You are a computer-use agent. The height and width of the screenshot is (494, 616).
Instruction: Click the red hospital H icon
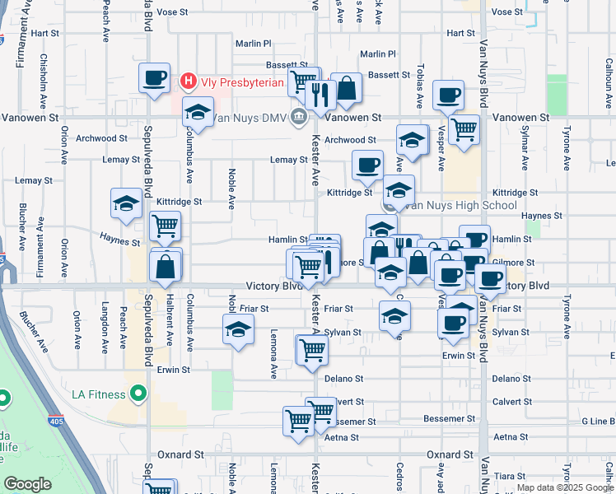(188, 81)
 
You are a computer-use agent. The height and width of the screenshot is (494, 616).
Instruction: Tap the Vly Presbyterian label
(240, 81)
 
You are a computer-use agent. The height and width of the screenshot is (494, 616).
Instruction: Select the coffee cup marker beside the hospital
(154, 79)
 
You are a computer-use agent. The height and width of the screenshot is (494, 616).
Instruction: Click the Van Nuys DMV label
(247, 118)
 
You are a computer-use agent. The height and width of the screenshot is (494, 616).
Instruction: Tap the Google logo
(28, 484)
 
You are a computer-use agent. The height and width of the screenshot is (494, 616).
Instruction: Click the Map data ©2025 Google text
(564, 487)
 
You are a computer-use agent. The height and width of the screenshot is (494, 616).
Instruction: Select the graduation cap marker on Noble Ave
(238, 331)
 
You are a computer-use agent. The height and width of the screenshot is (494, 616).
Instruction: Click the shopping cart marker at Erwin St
(312, 351)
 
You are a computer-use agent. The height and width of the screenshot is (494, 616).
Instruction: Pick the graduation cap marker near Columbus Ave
(198, 112)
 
